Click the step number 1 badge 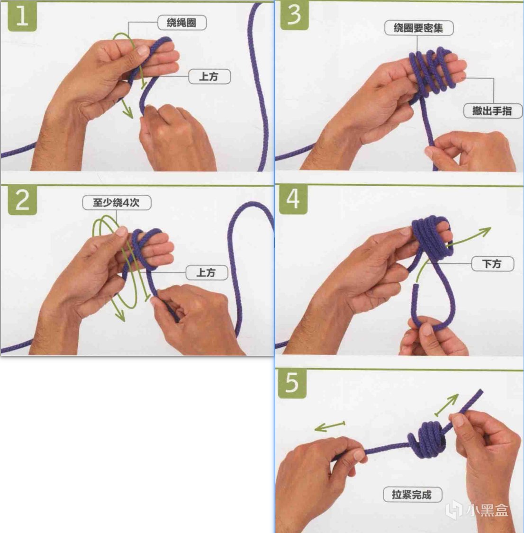tap(22, 17)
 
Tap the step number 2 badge tap(22, 200)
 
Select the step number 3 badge tap(294, 15)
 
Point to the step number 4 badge tap(293, 199)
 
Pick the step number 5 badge tap(292, 383)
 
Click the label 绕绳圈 tap(182, 23)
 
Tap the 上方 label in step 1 tap(209, 76)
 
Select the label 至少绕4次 tap(117, 203)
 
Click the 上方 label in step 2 tap(207, 272)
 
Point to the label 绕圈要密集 tap(419, 28)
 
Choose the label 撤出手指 tap(492, 111)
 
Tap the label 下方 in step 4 tap(492, 264)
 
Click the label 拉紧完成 tap(412, 494)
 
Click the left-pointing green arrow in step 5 tap(330, 426)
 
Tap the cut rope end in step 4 tap(415, 287)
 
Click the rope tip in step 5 tap(480, 392)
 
